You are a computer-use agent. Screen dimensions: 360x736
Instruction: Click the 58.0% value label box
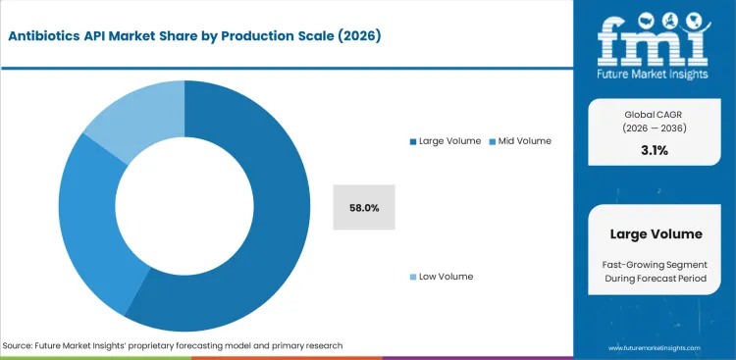click(x=364, y=207)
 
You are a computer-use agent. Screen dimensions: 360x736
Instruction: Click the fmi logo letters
click(x=655, y=39)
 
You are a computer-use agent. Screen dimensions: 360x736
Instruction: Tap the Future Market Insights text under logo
click(x=655, y=73)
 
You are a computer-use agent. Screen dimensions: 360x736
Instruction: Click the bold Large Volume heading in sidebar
click(x=655, y=234)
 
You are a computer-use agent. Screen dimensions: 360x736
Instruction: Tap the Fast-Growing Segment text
click(x=655, y=265)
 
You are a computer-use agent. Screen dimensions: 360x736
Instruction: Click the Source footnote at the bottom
click(x=173, y=345)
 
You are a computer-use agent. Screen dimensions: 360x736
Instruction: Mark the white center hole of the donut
click(x=184, y=206)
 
